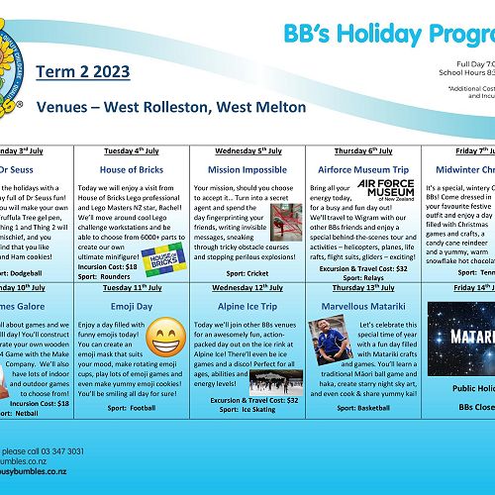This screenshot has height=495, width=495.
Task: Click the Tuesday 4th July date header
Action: pyautogui.click(x=131, y=151)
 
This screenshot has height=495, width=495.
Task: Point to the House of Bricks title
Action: pyautogui.click(x=131, y=169)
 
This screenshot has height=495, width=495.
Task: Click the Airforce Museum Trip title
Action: pyautogui.click(x=363, y=169)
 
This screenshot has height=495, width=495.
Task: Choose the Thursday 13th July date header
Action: pyautogui.click(x=363, y=288)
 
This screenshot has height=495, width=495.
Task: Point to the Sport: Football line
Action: pyautogui.click(x=131, y=406)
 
